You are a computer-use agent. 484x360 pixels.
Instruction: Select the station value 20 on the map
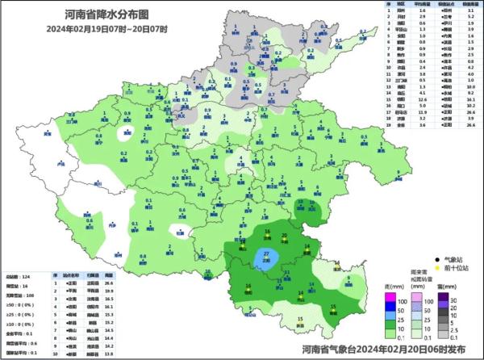point(284,236)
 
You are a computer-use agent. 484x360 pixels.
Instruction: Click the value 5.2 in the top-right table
point(470,15)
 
